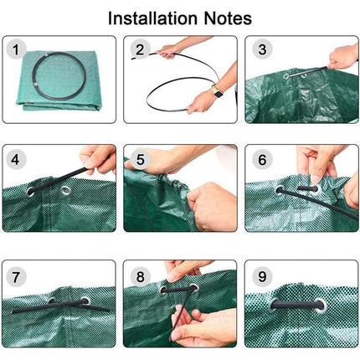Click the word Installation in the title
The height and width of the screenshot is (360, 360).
(152, 18)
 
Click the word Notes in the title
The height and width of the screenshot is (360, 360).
(228, 18)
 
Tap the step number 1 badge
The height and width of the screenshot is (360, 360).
(16, 50)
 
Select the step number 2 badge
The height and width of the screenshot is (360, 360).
(140, 50)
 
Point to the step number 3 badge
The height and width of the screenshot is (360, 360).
(262, 50)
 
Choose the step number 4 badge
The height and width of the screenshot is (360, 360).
(16, 160)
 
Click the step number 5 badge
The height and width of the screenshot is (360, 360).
(140, 160)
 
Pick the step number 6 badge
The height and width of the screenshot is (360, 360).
(262, 160)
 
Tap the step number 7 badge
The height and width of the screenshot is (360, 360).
(16, 277)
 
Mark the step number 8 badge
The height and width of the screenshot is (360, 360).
(140, 277)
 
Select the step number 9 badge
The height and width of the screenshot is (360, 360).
(262, 277)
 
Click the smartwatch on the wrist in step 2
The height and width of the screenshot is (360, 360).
(217, 91)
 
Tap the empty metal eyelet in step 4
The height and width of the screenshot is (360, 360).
(66, 190)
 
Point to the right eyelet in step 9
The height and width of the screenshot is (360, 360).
(321, 306)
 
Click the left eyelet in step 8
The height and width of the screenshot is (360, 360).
(163, 291)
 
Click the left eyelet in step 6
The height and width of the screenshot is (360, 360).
(280, 190)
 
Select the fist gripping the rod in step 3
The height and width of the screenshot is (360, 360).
(343, 57)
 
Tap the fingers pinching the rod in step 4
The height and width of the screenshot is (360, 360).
(98, 159)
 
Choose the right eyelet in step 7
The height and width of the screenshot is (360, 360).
(85, 301)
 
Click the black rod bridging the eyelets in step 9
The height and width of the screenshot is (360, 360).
(296, 304)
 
